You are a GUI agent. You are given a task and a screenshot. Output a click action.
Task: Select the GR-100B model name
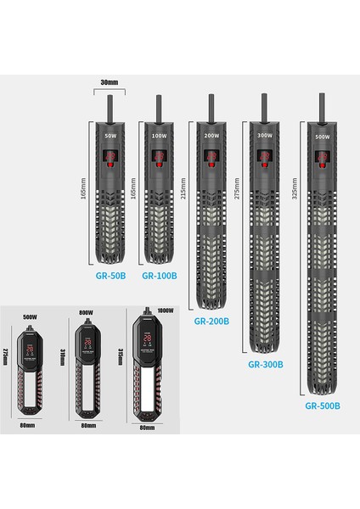pyautogui.click(x=159, y=276)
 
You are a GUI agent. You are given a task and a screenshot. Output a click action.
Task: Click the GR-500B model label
pyautogui.click(x=323, y=406)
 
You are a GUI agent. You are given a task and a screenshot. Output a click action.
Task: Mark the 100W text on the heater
pyautogui.click(x=158, y=135)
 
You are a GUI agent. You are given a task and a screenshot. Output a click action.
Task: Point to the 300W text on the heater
pyautogui.click(x=265, y=135)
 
